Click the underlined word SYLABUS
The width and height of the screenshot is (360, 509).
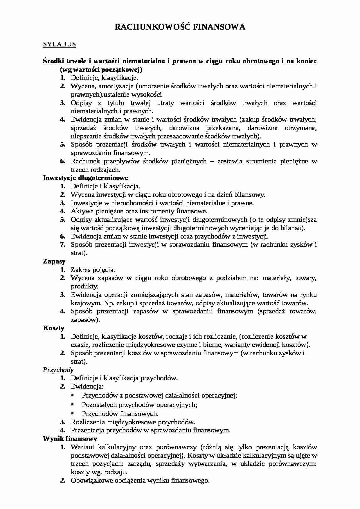(59, 44)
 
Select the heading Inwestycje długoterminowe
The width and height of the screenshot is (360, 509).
(86, 178)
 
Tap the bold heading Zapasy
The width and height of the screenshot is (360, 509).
(54, 261)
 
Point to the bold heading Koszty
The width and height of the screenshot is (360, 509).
(53, 328)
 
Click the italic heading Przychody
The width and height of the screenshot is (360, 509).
(58, 370)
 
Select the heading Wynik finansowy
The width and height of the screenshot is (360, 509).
(70, 438)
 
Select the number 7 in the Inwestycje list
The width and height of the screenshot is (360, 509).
(62, 244)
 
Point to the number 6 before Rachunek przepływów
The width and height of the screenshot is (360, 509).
(62, 161)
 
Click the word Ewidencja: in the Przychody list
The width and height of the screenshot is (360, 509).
(87, 387)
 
